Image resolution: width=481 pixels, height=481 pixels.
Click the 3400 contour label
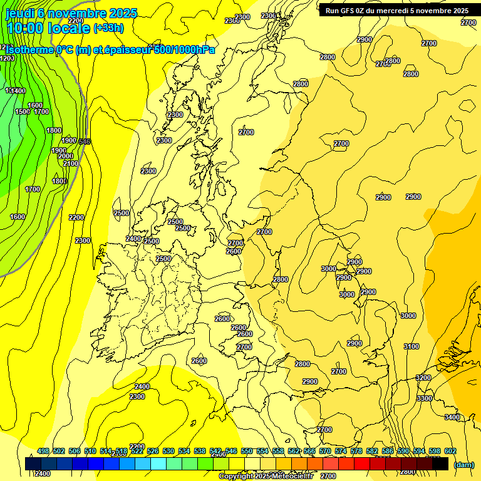pyautogui.click(x=452, y=417)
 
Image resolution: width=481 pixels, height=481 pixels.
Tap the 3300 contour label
pyautogui.click(x=425, y=398)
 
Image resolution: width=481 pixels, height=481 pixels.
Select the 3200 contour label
pyautogui.click(x=423, y=378)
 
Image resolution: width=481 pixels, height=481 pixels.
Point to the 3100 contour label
pyautogui.click(x=411, y=346)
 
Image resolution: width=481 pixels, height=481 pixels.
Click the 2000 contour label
pyautogui.click(x=66, y=156)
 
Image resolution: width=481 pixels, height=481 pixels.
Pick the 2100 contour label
pyautogui.click(x=71, y=163)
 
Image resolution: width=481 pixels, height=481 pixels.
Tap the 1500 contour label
pyautogui.click(x=23, y=111)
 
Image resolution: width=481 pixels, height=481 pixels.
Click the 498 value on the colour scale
pyautogui.click(x=43, y=451)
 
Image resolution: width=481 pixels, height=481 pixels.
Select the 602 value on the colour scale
pyautogui.click(x=450, y=451)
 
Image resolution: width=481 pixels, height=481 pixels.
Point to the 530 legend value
pyautogui.click(x=168, y=451)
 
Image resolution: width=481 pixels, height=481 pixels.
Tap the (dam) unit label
pyautogui.click(x=463, y=464)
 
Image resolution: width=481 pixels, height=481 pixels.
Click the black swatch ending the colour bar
pyautogui.click(x=440, y=463)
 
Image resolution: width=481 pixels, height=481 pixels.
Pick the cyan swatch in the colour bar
pyautogui.click(x=158, y=463)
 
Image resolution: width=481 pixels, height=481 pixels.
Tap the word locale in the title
pyautogui.click(x=68, y=28)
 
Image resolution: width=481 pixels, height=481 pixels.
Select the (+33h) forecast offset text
pyautogui.click(x=108, y=28)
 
